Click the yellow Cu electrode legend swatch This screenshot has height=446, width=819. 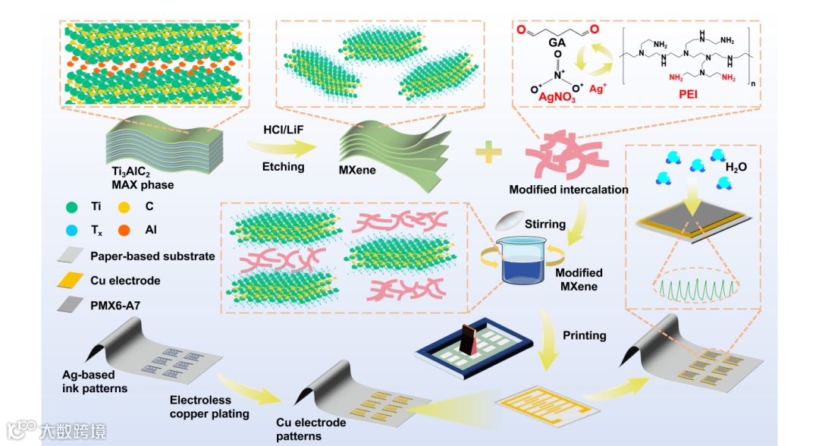click(x=72, y=281)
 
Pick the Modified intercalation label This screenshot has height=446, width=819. click(x=569, y=190)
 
